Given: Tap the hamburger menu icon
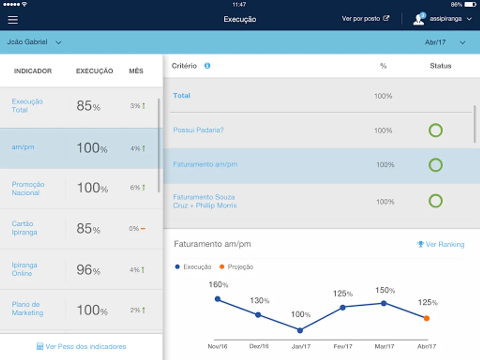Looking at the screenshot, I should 13,20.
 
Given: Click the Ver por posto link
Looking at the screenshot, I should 365,19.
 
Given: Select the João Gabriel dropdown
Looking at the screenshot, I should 34,42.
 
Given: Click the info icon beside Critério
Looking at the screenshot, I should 207,66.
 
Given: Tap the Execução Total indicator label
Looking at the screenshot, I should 27,106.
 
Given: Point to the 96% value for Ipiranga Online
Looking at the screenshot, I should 88,270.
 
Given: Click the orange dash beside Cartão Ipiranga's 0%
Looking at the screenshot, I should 143,229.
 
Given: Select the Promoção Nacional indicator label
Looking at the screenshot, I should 28,188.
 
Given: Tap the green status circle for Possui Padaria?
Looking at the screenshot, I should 436,130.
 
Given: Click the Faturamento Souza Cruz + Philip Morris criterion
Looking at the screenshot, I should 205,201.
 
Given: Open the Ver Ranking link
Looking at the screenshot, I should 441,244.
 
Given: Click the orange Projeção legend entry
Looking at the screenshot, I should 236,267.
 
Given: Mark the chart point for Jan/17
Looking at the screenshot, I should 300,330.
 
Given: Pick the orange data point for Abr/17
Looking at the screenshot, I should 426,318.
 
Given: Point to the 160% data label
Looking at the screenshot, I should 218,285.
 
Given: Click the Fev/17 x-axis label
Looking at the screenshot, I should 342,346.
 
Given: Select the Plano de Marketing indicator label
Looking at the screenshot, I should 27,309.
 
